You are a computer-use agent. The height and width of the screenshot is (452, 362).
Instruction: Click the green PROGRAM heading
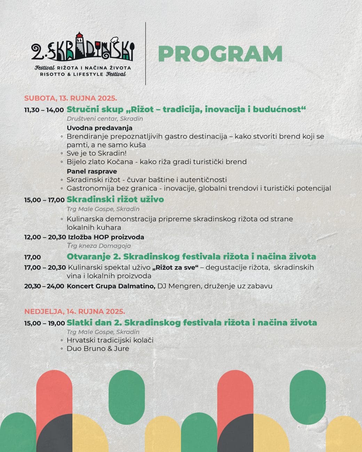click(220, 54)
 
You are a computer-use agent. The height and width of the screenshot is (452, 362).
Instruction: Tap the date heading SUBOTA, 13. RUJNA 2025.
click(71, 98)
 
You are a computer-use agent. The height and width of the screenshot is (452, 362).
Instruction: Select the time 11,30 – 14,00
click(44, 110)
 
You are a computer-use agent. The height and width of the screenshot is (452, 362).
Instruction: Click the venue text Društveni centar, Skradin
click(105, 119)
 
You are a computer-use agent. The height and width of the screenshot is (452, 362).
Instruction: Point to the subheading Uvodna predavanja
click(100, 128)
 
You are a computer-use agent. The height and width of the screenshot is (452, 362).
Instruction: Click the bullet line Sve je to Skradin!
click(96, 153)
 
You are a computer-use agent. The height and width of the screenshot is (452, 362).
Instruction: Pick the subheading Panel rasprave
click(92, 171)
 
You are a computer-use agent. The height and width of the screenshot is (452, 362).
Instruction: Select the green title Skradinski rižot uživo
click(115, 199)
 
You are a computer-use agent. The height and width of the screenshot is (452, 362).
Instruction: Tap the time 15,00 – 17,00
click(44, 200)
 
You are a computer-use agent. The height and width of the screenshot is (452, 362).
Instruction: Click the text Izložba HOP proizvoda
click(106, 237)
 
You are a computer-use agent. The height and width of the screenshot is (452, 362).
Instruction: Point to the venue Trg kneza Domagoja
click(99, 246)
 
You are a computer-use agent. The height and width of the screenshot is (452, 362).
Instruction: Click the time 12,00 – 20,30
click(45, 237)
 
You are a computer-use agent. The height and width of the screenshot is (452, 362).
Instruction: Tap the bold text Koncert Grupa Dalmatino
click(111, 286)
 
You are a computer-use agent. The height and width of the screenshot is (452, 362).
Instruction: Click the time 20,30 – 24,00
click(44, 286)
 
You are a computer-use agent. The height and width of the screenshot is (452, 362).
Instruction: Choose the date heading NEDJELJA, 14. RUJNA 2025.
click(74, 312)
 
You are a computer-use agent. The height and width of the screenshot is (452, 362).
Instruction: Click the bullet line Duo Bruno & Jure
click(98, 349)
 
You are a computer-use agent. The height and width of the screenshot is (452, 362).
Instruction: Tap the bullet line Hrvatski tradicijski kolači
click(110, 340)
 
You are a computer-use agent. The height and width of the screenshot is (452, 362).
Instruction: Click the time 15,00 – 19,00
click(45, 323)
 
